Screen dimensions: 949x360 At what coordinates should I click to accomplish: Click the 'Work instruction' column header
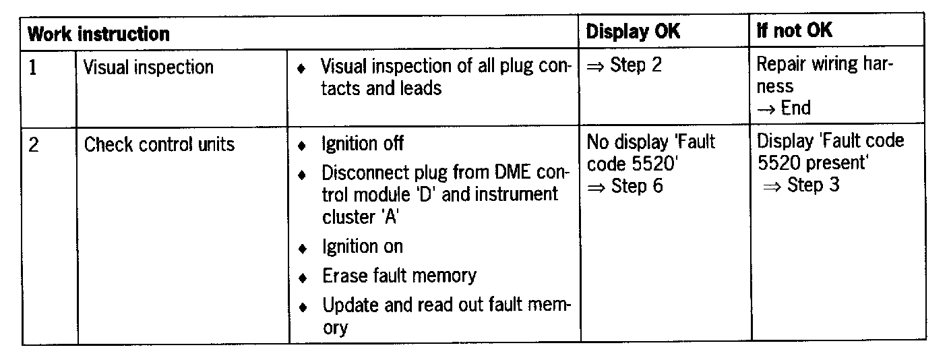(98, 32)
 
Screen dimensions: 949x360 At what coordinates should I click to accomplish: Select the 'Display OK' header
(633, 31)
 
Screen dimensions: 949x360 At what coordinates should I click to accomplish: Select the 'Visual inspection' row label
(148, 67)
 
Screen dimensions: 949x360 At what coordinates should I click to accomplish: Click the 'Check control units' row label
(159, 144)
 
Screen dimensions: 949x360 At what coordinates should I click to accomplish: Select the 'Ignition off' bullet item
(363, 144)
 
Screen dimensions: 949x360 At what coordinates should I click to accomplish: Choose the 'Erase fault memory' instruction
(399, 276)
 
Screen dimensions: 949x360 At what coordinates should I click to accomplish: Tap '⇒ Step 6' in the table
(625, 185)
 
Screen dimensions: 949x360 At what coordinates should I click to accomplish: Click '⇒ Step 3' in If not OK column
(801, 185)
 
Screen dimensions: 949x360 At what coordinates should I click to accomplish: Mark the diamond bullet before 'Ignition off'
(303, 146)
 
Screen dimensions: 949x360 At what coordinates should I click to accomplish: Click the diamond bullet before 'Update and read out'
(303, 307)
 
